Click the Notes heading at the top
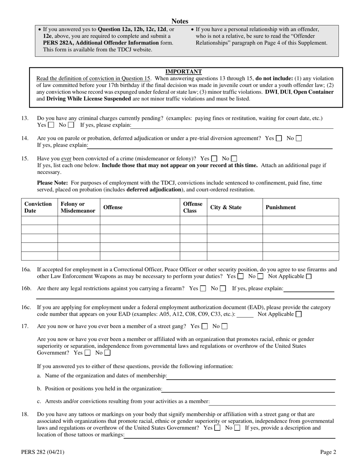click(x=180, y=21)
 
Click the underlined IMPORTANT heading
click(x=183, y=72)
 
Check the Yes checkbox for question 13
click(x=51, y=125)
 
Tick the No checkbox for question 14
click(x=299, y=138)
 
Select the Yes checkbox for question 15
click(x=214, y=158)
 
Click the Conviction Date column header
click(x=38, y=207)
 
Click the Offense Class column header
click(x=193, y=207)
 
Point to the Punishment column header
click(x=281, y=207)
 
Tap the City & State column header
click(x=226, y=207)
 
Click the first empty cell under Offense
click(x=139, y=220)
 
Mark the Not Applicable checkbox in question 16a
click(x=309, y=276)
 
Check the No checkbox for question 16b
click(x=223, y=288)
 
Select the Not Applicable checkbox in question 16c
click(x=299, y=314)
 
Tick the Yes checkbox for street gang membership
click(x=205, y=326)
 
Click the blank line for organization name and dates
click(x=251, y=376)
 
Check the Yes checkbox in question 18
click(x=218, y=428)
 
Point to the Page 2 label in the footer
click(x=328, y=452)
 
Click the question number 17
click(x=25, y=326)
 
